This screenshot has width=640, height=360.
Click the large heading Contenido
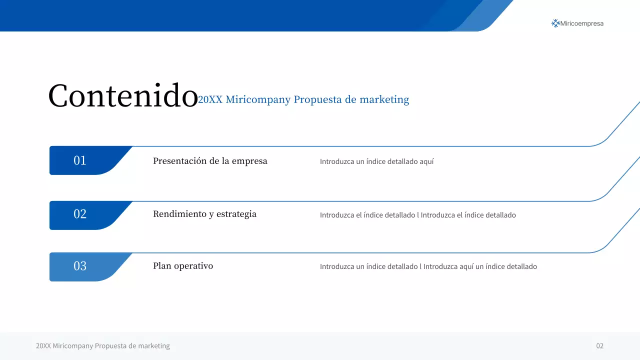[x=123, y=95]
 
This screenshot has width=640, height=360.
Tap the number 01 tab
[x=80, y=160]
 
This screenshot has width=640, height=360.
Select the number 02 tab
[x=80, y=214]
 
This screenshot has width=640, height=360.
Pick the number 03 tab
[x=80, y=266]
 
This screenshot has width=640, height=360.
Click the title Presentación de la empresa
[x=210, y=161]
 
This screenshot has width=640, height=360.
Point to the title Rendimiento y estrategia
[x=204, y=214]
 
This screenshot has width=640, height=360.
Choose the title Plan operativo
[x=183, y=266]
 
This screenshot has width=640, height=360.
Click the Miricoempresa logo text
[x=582, y=23]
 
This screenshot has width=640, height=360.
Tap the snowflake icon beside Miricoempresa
[x=555, y=23]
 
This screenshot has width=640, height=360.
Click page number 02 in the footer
[x=599, y=346]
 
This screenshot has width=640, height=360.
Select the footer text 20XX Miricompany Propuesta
[x=103, y=346]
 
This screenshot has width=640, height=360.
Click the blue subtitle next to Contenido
[x=303, y=99]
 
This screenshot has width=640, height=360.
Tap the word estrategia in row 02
[x=236, y=214]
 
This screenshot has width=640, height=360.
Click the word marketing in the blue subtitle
[x=384, y=100]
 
